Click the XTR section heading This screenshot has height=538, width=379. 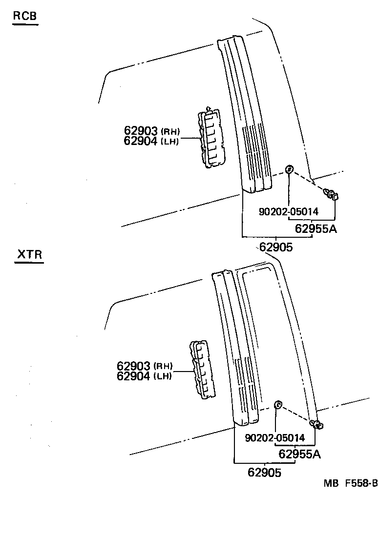(29, 255)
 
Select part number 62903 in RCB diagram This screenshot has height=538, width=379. (141, 131)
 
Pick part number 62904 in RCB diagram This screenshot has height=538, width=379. (141, 141)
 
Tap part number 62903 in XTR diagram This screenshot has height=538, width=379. (134, 366)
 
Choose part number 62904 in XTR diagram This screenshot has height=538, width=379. (134, 376)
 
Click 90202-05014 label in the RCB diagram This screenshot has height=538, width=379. (288, 211)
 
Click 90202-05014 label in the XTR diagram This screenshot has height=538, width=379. (275, 438)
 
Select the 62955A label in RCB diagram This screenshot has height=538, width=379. (316, 228)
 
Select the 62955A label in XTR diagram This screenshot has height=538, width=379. (300, 455)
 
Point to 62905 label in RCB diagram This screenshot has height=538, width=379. (276, 247)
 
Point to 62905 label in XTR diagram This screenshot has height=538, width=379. (265, 473)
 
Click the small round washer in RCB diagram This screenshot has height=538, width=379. (289, 169)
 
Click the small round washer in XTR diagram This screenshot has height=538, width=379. (277, 404)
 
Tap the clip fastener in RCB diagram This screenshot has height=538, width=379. (332, 195)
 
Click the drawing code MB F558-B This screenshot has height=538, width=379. (350, 483)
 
